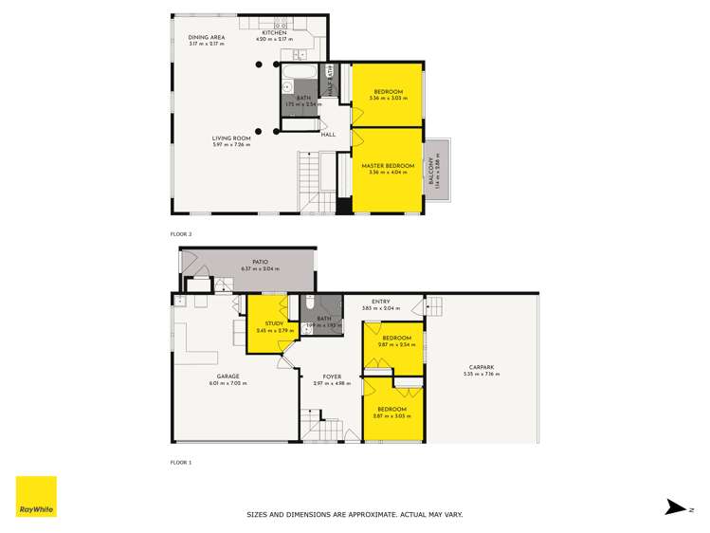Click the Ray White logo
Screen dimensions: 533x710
tap(36, 496)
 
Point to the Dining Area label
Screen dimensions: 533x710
tap(206, 37)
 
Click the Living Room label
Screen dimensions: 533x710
tap(230, 138)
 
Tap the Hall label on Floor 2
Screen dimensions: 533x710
tap(328, 135)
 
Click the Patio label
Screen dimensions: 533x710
tap(260, 262)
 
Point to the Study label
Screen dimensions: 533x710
tap(274, 323)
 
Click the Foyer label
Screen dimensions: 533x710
tap(332, 377)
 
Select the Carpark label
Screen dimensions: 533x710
tap(482, 368)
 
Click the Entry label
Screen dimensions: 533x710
tap(380, 302)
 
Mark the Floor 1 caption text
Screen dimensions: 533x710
tap(180, 462)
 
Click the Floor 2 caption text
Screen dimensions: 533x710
tap(180, 233)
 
